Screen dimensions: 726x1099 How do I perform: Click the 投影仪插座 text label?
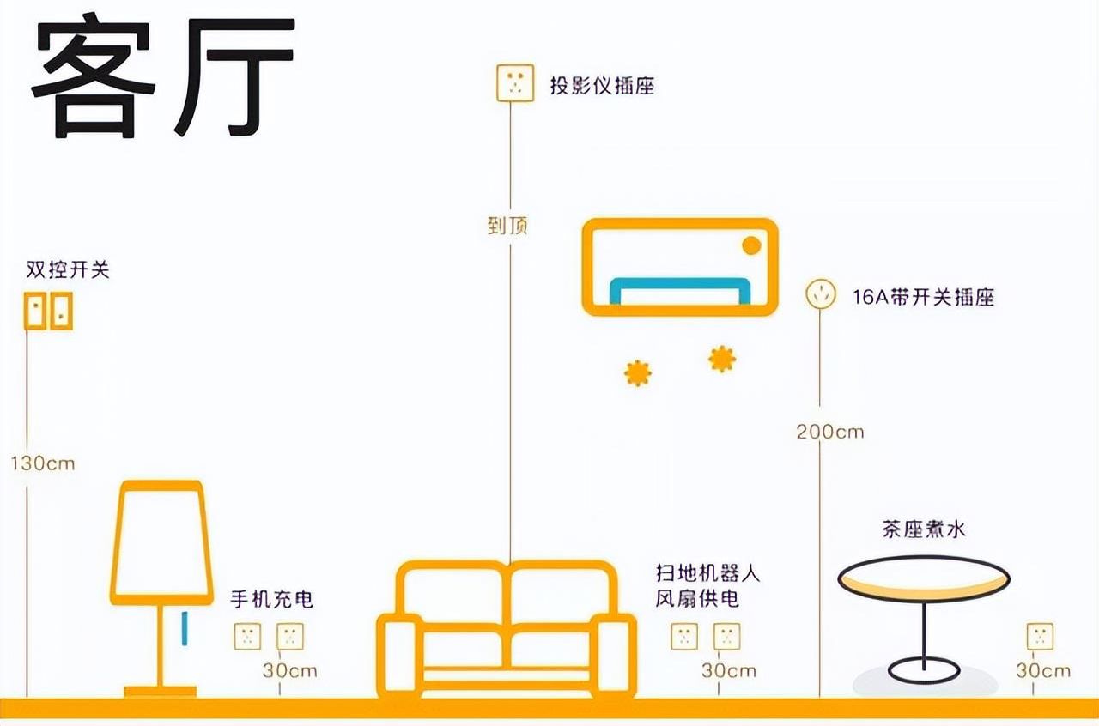point(602,85)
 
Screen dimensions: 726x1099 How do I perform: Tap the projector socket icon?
point(514,83)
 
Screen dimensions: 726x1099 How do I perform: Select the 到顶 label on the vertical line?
point(507,226)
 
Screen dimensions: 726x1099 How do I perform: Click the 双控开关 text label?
point(68,270)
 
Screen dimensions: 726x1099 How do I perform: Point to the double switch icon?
point(47,310)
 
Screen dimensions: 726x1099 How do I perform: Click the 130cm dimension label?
point(43,464)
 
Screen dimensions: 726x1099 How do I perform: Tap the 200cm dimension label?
point(829,432)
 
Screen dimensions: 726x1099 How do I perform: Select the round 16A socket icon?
point(820,295)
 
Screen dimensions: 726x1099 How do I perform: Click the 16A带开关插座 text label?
point(923,298)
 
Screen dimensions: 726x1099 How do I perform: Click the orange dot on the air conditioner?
point(751,245)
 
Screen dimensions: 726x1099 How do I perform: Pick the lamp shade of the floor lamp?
point(161,540)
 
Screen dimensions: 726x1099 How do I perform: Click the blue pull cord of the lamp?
point(183,627)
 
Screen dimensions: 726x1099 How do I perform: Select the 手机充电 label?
point(272,599)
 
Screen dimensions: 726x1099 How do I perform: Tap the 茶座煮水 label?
point(923,529)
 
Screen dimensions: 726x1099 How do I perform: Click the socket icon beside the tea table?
point(1040,637)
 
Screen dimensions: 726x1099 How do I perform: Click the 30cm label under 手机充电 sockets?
point(289,670)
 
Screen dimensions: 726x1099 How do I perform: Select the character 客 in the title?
point(94,78)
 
